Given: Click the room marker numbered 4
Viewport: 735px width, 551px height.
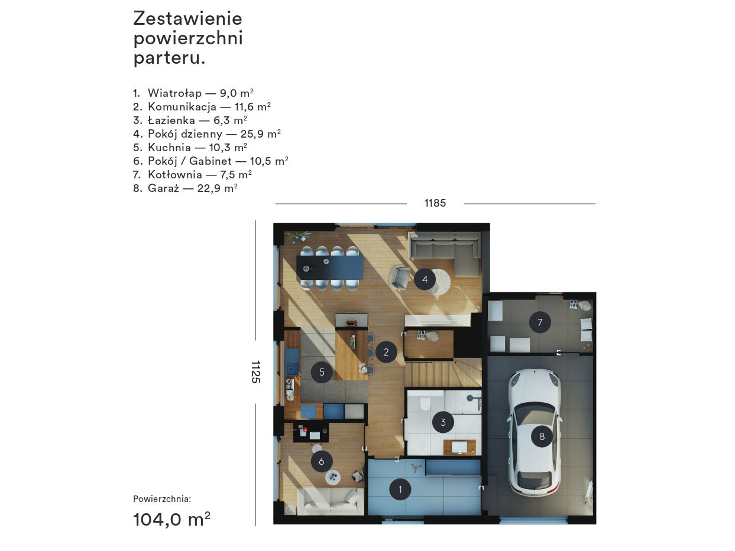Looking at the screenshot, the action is [x=425, y=279].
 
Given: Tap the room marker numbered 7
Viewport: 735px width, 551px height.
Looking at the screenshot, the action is [x=540, y=322].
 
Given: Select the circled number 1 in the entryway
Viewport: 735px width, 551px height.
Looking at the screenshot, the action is [x=400, y=490].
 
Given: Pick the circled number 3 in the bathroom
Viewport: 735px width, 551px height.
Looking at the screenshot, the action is [x=443, y=422].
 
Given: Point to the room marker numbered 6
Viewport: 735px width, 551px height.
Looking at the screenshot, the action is [x=322, y=461].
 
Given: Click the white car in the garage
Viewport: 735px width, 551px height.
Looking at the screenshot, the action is [x=535, y=433].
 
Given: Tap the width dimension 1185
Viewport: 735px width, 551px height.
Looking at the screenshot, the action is [x=435, y=203].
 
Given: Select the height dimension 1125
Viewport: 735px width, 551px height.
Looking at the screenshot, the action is [x=255, y=371].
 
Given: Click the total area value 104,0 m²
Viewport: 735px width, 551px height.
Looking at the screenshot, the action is [x=172, y=520].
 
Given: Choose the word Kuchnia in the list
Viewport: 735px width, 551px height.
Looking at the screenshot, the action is [x=169, y=147].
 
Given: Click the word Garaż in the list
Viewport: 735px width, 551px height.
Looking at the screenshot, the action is [x=163, y=188].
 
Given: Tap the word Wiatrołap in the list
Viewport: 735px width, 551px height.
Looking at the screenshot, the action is [x=175, y=93].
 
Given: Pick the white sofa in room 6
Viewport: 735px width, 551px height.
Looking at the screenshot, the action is [x=330, y=501].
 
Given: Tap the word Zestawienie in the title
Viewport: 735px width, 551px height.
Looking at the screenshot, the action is [x=187, y=18].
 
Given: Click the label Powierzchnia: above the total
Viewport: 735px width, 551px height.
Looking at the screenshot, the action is [x=162, y=499].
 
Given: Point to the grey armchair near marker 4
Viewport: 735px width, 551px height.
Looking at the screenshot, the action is [x=399, y=276].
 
